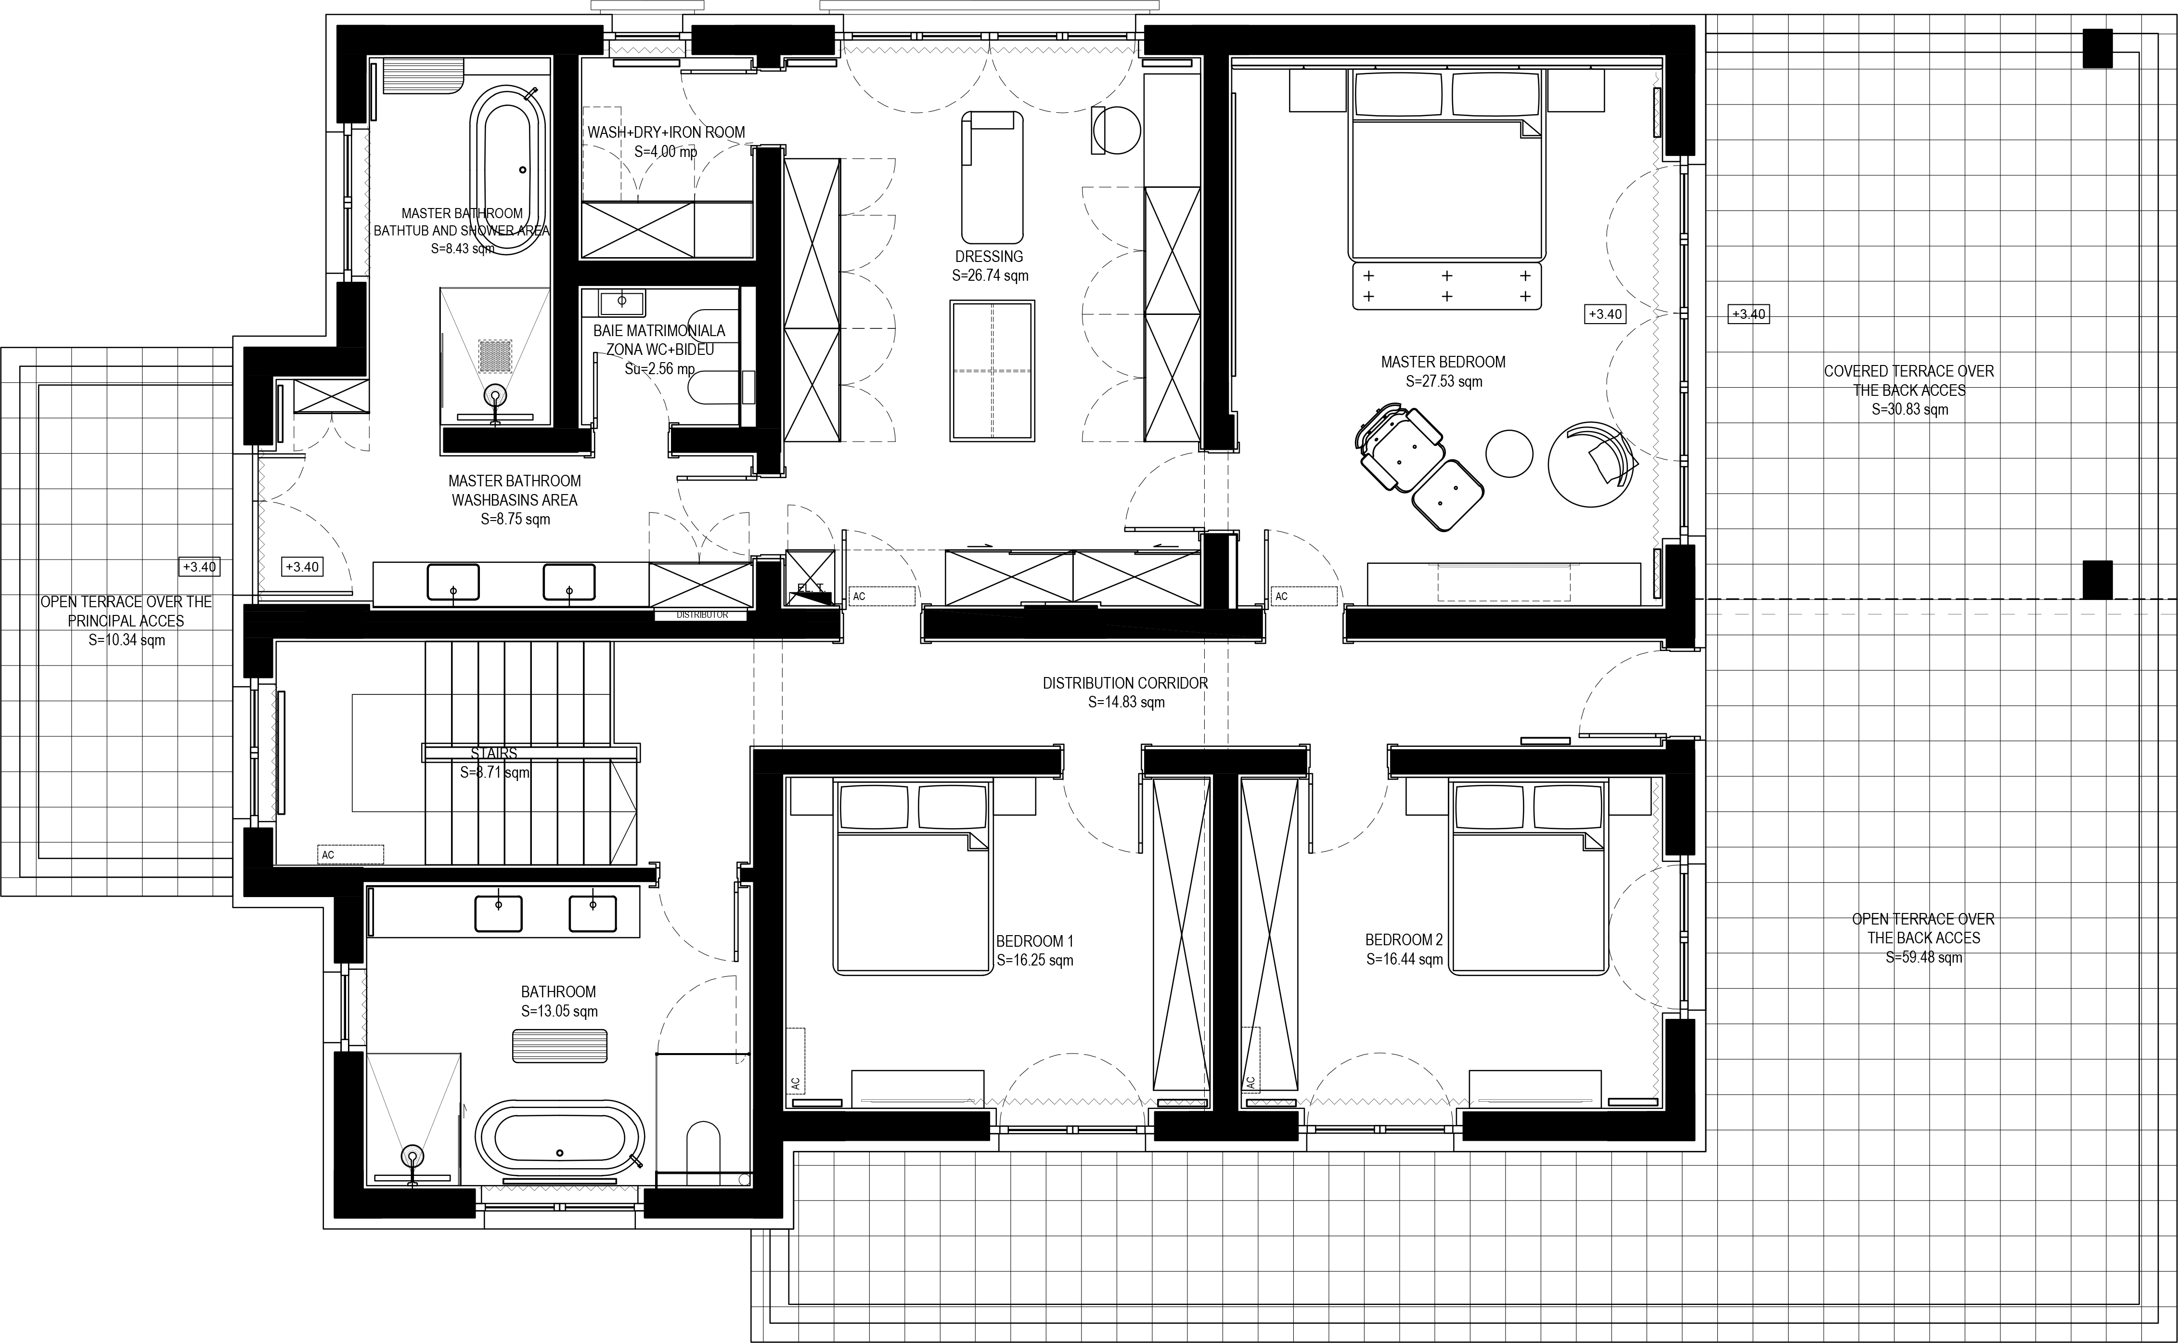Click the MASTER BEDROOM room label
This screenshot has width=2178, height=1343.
pyautogui.click(x=1443, y=363)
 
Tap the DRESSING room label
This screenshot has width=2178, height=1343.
pyautogui.click(x=989, y=257)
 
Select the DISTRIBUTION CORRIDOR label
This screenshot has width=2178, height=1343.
pyautogui.click(x=1125, y=683)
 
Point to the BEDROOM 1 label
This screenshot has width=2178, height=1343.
pyautogui.click(x=1034, y=940)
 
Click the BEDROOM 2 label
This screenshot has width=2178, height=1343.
pyautogui.click(x=1404, y=940)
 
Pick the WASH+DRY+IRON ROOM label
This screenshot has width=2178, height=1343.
pyautogui.click(x=666, y=132)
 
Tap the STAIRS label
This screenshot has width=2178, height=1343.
pyautogui.click(x=494, y=753)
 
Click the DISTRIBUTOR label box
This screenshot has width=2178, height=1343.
pyautogui.click(x=702, y=614)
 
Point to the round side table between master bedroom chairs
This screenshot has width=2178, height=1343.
pyautogui.click(x=1508, y=453)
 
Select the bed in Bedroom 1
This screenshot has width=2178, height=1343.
pyautogui.click(x=912, y=877)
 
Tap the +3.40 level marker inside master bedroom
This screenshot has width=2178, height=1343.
pyautogui.click(x=1604, y=313)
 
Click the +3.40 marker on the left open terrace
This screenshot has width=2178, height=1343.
pyautogui.click(x=200, y=567)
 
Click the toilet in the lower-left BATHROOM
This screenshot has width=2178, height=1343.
pyautogui.click(x=703, y=1147)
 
